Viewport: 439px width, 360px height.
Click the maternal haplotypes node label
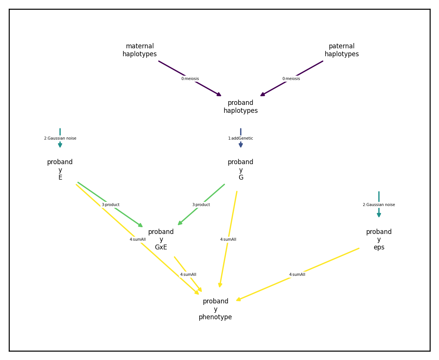140,50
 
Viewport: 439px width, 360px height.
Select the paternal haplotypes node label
342,50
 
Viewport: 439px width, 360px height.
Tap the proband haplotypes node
241,106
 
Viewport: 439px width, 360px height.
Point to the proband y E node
60,169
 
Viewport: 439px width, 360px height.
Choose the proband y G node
241,169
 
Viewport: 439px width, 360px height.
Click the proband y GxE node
161,239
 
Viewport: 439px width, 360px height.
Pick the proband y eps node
379,239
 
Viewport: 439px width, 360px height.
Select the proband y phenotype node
215,309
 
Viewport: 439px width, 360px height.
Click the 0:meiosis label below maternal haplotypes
190,79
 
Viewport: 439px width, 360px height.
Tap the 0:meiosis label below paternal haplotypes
291,79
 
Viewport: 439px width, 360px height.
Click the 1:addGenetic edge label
241,138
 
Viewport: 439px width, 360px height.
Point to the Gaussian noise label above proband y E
60,138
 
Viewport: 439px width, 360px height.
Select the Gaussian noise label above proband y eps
379,205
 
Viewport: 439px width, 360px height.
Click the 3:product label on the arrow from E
111,205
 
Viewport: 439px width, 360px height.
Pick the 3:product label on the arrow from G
201,205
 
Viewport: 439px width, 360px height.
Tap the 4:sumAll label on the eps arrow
297,275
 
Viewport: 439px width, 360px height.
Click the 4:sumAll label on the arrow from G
228,240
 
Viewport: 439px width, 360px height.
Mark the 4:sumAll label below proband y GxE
188,275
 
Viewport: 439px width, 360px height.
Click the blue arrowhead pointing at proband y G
241,145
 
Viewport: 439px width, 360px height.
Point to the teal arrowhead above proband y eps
379,215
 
